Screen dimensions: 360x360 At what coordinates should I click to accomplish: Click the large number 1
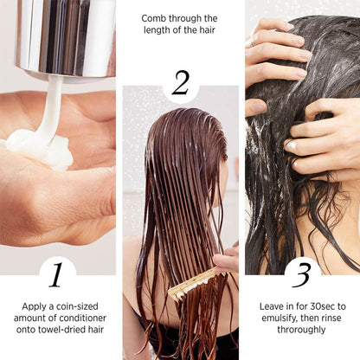tap(56, 274)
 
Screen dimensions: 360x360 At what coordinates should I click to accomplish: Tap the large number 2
tap(180, 83)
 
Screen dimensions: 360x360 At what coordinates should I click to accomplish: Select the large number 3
tap(301, 274)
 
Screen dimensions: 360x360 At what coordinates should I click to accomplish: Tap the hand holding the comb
tap(227, 258)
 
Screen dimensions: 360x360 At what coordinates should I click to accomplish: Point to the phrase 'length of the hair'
tap(180, 31)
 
